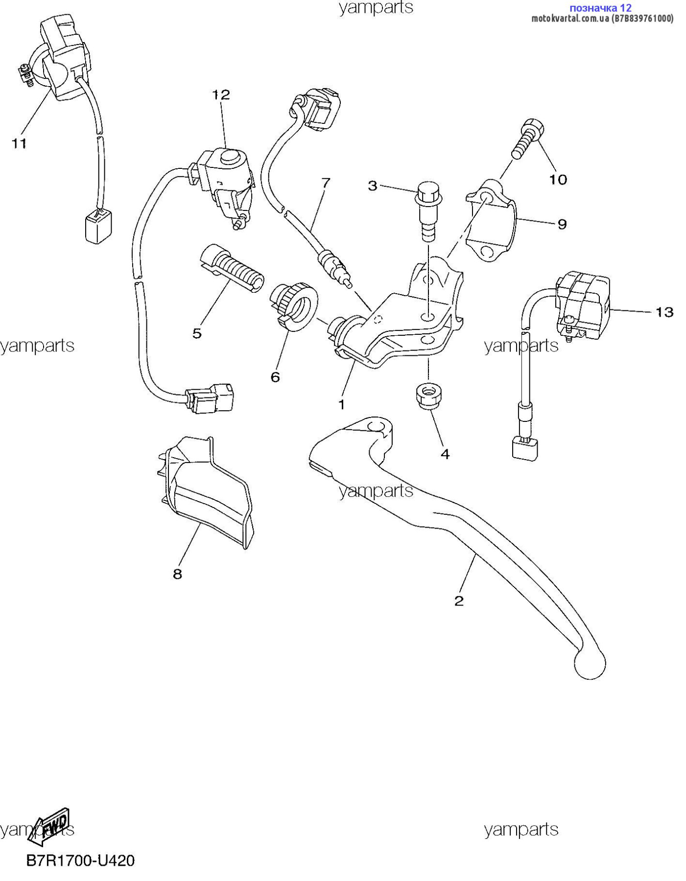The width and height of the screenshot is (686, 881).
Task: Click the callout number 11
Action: (19, 143)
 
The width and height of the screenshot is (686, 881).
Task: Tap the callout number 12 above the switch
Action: (221, 94)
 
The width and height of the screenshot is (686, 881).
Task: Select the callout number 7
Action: (326, 183)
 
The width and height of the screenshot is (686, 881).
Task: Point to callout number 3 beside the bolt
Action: (373, 185)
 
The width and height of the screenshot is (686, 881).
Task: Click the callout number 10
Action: (558, 180)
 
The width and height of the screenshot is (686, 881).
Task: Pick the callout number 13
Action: (664, 312)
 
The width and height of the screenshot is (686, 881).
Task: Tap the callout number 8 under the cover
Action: (177, 574)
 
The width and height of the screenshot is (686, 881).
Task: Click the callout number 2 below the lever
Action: (459, 601)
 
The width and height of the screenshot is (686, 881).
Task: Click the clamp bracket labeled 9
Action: (490, 220)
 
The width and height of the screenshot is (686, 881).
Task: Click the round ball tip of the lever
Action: (590, 663)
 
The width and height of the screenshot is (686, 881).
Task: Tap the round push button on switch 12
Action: (229, 158)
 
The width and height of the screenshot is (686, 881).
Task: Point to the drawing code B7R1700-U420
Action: (80, 860)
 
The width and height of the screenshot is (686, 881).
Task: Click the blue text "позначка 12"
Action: (600, 8)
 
